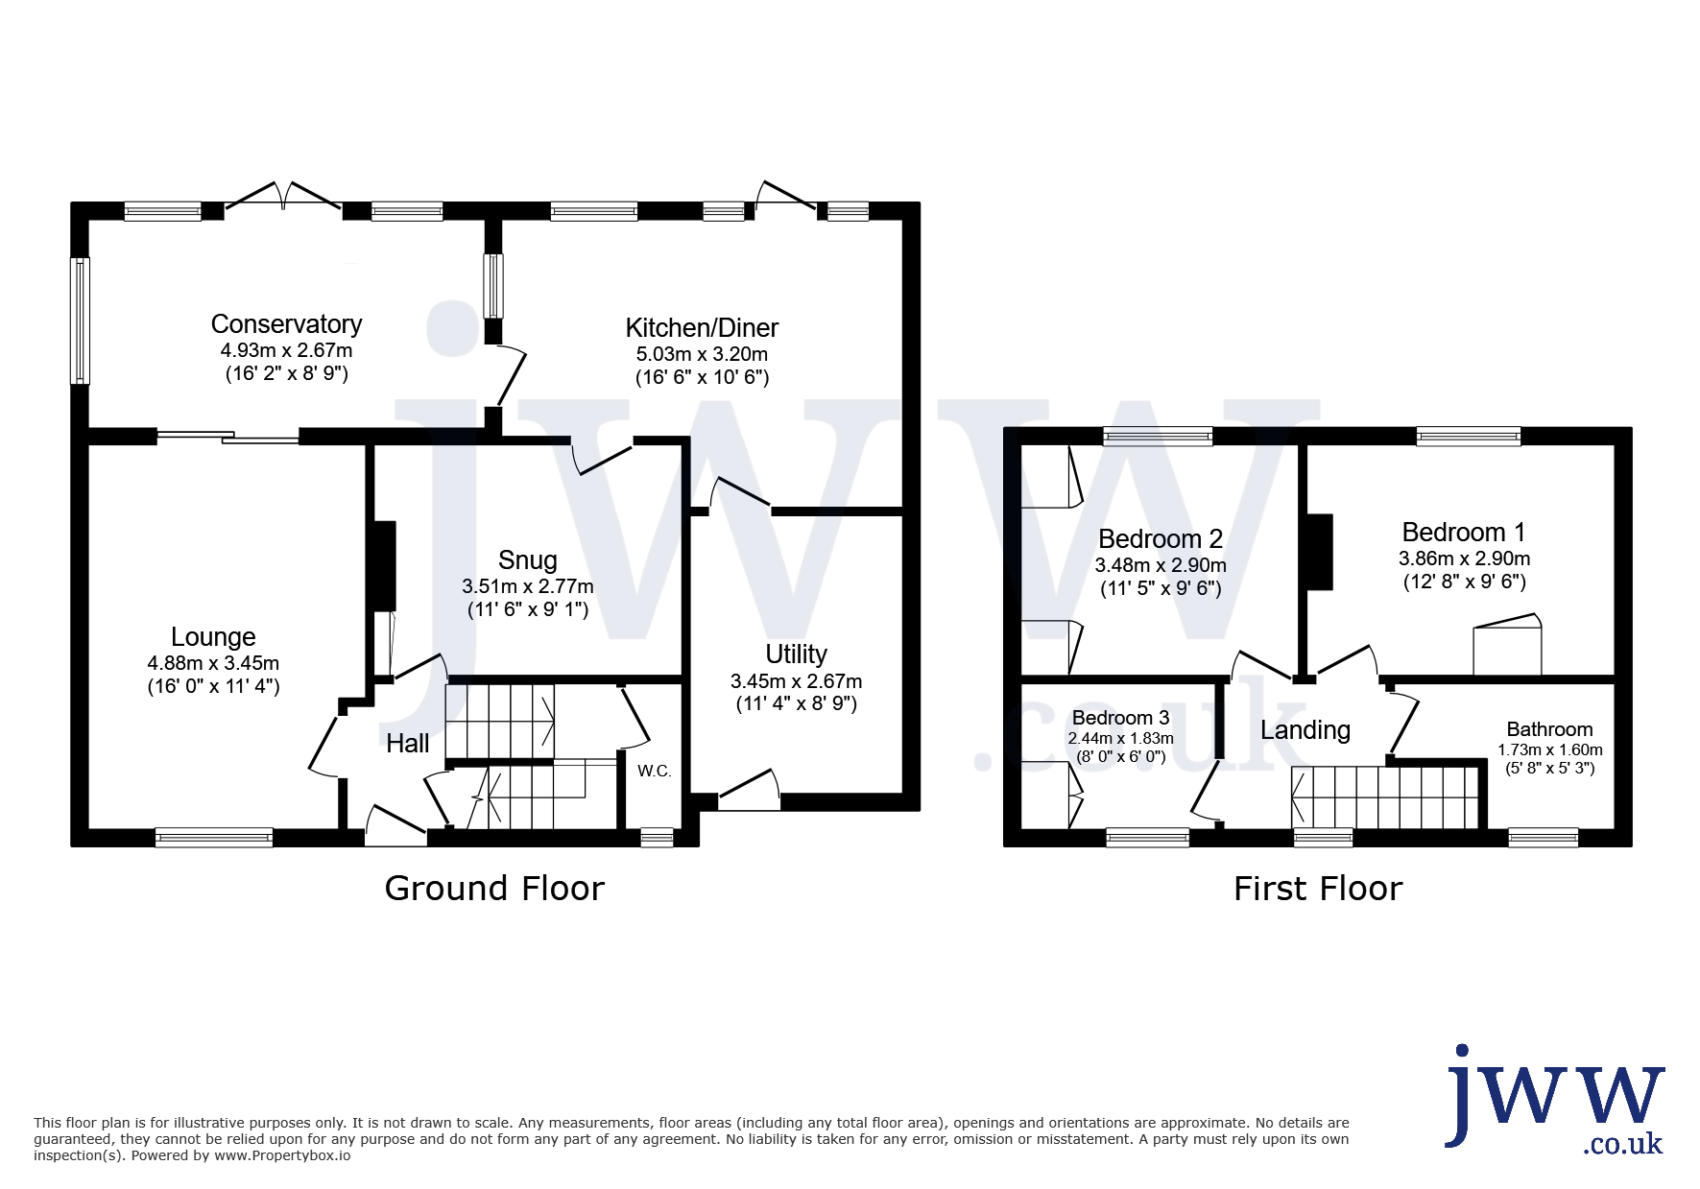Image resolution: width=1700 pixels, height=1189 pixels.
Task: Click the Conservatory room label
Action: point(286,324)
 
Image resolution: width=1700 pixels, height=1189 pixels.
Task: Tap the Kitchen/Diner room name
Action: point(702,328)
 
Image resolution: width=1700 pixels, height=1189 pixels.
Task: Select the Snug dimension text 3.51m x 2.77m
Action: point(528,586)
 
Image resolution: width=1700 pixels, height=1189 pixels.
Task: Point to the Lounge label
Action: point(213,637)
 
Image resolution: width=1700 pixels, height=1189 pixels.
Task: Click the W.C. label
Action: point(655,771)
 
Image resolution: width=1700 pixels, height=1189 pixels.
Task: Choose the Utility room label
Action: point(796,654)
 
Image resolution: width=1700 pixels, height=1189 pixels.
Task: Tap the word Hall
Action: point(408,743)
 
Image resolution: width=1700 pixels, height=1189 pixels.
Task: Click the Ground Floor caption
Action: point(494,889)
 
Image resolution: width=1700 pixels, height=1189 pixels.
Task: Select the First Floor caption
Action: point(1318,889)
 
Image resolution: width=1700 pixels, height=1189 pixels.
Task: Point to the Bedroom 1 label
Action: point(1464,533)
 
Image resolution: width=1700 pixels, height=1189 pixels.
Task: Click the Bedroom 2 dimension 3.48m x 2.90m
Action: point(1161,566)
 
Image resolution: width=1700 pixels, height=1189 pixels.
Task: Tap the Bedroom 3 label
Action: point(1120,718)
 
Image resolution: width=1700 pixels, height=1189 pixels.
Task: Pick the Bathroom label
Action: point(1549,729)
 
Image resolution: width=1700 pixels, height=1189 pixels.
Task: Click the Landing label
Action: point(1305,730)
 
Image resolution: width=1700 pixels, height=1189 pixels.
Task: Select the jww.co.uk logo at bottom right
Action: point(1555,1099)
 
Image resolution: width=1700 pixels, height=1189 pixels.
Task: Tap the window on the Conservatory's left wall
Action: point(82,321)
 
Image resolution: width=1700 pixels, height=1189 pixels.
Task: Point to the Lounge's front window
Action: point(214,838)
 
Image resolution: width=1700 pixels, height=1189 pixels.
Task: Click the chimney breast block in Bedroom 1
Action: point(1320,552)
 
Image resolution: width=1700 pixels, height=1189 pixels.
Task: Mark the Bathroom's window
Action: point(1544,838)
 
